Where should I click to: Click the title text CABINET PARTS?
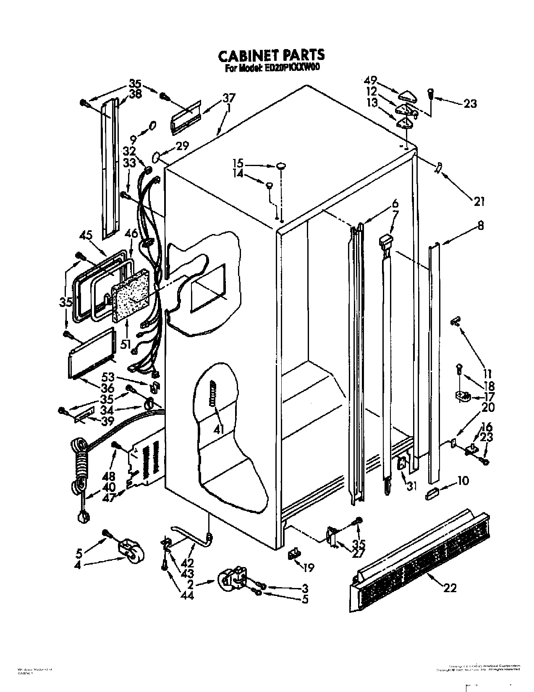point(271,55)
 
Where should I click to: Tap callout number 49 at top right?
point(371,80)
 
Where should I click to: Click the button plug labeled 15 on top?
point(281,166)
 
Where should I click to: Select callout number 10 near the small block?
point(462,481)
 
